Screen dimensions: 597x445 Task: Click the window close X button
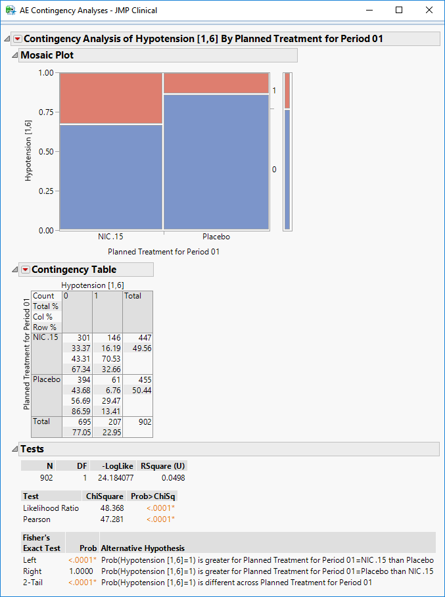click(429, 11)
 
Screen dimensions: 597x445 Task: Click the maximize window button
click(399, 11)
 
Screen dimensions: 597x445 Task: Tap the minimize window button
click(369, 11)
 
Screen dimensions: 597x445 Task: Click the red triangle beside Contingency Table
click(25, 270)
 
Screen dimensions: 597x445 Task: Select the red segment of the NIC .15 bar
click(110, 98)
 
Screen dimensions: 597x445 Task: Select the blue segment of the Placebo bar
click(216, 162)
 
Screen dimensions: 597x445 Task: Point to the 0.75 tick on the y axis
click(45, 112)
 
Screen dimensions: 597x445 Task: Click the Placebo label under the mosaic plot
click(216, 237)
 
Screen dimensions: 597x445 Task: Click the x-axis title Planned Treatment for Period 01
click(163, 251)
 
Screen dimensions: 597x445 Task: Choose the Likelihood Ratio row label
click(51, 508)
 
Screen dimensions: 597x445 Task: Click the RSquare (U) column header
click(164, 466)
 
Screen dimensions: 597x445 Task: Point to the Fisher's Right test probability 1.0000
click(84, 572)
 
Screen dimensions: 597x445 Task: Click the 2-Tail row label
click(32, 583)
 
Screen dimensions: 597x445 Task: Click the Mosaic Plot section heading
click(47, 55)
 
